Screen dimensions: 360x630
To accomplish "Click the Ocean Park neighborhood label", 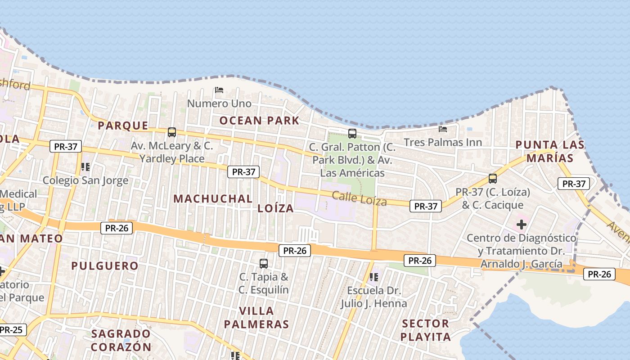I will pyautogui.click(x=259, y=121).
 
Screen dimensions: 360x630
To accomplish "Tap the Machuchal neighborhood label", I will pyautogui.click(x=213, y=198).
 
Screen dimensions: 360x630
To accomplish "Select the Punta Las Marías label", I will pyautogui.click(x=550, y=151).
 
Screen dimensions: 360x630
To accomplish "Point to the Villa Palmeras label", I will pyautogui.click(x=256, y=317).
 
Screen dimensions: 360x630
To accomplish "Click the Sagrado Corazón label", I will pyautogui.click(x=121, y=340).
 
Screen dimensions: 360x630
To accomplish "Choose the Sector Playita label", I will pyautogui.click(x=426, y=330).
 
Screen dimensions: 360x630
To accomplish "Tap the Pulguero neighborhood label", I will pyautogui.click(x=105, y=265).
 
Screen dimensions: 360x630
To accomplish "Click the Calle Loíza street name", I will pyautogui.click(x=360, y=198).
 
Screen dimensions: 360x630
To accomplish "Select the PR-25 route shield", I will pyautogui.click(x=11, y=330).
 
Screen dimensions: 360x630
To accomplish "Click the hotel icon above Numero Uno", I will pyautogui.click(x=219, y=90).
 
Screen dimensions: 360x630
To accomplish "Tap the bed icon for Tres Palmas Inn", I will pyautogui.click(x=443, y=129).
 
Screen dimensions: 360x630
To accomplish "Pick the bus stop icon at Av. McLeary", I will pyautogui.click(x=172, y=132).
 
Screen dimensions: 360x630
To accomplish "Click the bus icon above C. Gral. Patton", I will pyautogui.click(x=352, y=134).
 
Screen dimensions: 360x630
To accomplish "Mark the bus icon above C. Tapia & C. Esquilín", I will pyautogui.click(x=264, y=263).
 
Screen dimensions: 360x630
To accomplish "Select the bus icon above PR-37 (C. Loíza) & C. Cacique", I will pyautogui.click(x=493, y=179).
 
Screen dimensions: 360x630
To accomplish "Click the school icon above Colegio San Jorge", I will pyautogui.click(x=85, y=167).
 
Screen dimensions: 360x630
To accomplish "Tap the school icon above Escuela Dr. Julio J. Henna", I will pyautogui.click(x=373, y=277).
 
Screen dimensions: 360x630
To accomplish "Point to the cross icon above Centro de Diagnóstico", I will pyautogui.click(x=522, y=224).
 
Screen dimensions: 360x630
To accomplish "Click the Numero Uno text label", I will pyautogui.click(x=219, y=103).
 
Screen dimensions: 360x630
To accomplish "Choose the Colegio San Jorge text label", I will pyautogui.click(x=85, y=180).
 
